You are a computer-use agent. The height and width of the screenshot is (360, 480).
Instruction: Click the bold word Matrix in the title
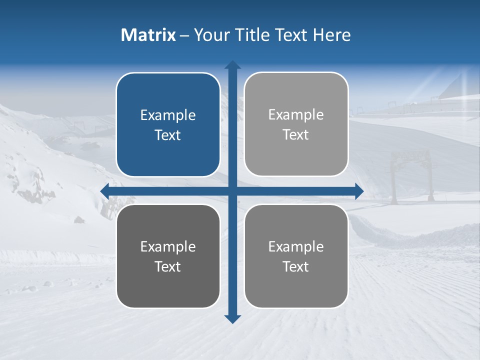coord(148,35)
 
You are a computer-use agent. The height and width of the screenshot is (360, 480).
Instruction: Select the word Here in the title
coord(332,35)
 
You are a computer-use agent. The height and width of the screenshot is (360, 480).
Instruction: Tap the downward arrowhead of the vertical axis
coord(232,319)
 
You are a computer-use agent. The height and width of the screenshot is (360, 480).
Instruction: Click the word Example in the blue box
coord(168,115)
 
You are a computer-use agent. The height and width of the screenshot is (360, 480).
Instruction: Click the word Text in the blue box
coord(168,135)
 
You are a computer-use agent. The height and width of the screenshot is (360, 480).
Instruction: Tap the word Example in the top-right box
coord(296,115)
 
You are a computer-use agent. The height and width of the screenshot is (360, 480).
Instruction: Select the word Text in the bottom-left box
coord(168,267)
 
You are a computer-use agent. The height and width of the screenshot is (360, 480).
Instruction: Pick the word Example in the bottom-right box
coord(296,246)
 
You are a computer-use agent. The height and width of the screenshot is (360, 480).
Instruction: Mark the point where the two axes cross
coord(232,190)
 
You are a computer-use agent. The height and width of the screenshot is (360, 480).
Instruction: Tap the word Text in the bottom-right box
coord(296,267)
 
